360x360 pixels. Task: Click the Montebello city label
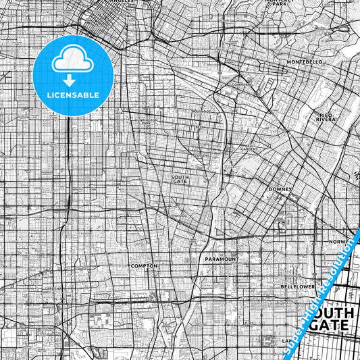(305, 61)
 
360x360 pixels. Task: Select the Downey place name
(280, 190)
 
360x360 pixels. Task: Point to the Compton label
(143, 266)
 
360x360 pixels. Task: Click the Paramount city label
(222, 259)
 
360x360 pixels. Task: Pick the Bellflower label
(298, 286)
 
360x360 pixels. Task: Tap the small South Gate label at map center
(180, 178)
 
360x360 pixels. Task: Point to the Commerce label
(241, 84)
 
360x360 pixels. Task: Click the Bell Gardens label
(251, 148)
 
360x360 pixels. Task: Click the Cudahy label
(203, 155)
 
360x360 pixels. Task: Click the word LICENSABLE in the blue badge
(73, 95)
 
